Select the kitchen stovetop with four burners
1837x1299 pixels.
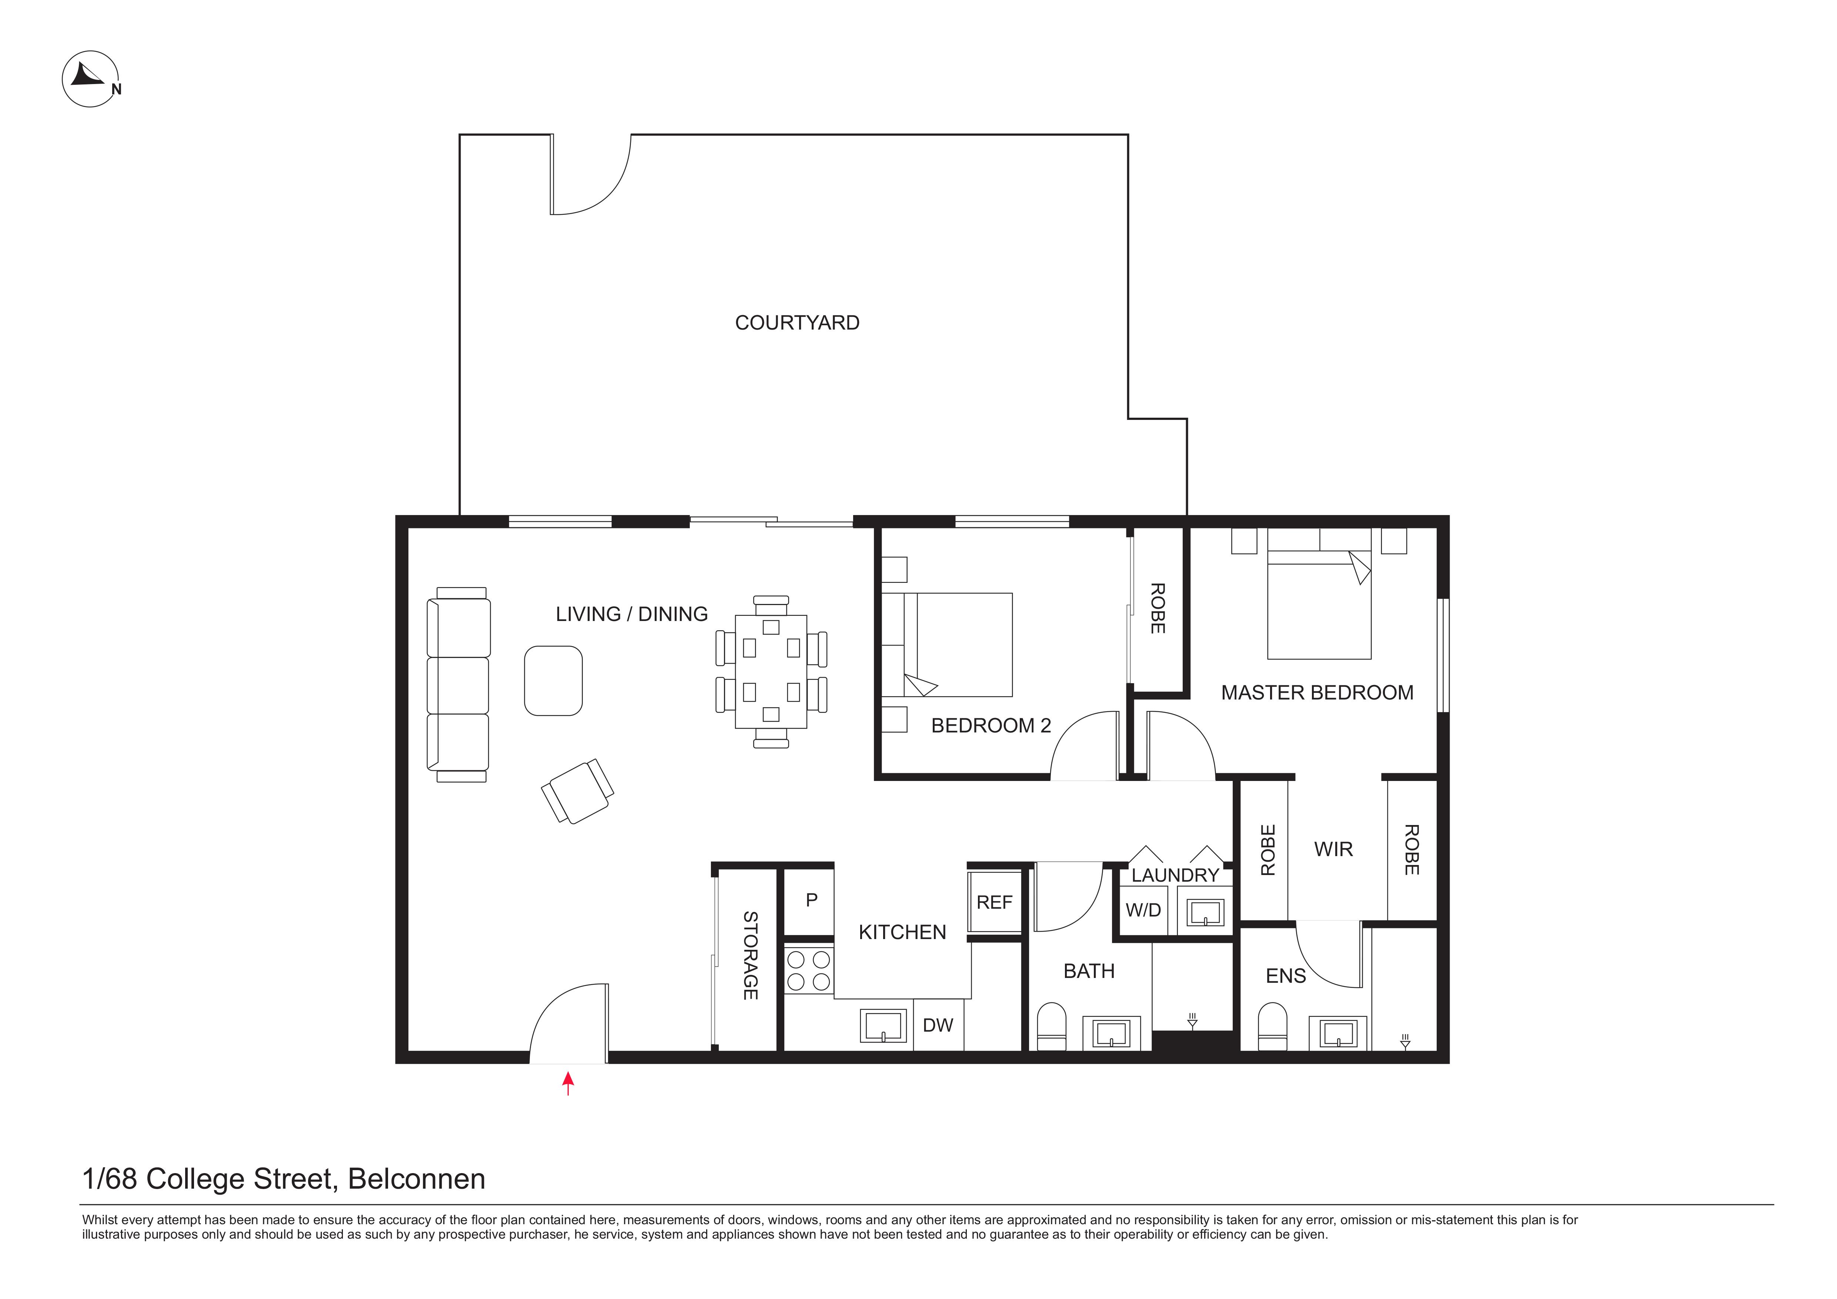(809, 970)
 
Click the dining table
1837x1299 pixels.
(771, 672)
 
